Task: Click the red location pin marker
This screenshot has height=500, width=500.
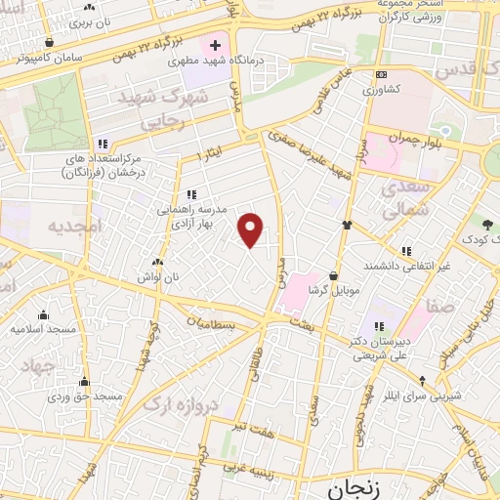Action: tap(251, 229)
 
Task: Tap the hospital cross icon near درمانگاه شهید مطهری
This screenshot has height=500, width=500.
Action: tap(214, 45)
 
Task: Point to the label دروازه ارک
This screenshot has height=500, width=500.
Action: tap(178, 401)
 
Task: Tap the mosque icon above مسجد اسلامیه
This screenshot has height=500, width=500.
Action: tap(43, 314)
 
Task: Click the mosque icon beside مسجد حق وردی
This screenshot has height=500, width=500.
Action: tap(84, 382)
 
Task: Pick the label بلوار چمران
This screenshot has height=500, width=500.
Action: tap(417, 139)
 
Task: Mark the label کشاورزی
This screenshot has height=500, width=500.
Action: tap(382, 90)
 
